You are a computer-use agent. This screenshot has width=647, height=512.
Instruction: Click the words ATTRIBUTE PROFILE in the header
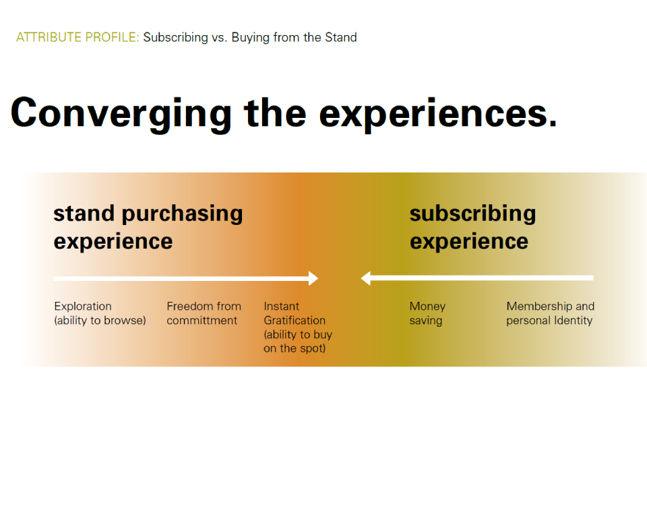point(78,37)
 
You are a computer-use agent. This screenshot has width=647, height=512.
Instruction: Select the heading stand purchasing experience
point(148,227)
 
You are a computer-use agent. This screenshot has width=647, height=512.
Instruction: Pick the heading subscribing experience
point(473,227)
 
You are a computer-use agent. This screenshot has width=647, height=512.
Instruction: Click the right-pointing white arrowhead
point(313,278)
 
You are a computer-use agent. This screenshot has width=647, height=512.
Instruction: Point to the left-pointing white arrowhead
point(365,278)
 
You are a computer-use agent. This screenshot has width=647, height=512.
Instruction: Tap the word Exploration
point(83,306)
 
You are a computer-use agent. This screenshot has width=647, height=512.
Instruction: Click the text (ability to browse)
point(100,320)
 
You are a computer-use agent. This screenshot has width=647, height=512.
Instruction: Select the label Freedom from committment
point(204,313)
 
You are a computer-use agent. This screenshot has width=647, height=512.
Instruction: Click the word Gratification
point(295,320)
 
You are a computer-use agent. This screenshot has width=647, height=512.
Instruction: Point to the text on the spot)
point(295,348)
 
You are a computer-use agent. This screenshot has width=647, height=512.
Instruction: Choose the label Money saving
point(427,313)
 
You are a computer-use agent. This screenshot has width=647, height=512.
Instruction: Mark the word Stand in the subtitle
point(341,37)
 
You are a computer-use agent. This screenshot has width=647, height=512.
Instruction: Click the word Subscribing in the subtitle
point(176,38)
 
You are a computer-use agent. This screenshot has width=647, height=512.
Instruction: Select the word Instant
point(282,306)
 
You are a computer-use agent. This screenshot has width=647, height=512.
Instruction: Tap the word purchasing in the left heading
point(182,214)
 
